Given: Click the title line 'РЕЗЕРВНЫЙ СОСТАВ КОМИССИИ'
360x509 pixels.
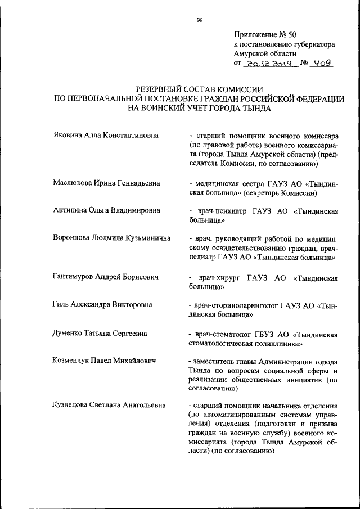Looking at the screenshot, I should tap(200, 89).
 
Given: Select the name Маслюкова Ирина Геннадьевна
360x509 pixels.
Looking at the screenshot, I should tap(106, 183).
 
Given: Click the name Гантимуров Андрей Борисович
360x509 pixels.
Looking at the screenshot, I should tap(105, 277).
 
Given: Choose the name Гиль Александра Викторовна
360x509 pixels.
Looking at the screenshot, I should tap(102, 305).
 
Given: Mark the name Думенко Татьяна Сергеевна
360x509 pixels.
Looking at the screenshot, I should tap(100, 334).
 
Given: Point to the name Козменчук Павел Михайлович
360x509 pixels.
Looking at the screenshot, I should tap(104, 360).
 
